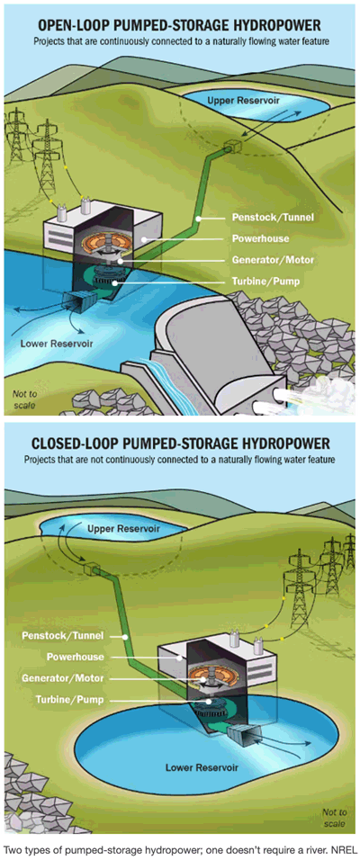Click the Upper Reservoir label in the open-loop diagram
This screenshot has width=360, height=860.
[x=236, y=101]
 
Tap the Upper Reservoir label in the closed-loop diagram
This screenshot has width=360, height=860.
[x=123, y=529]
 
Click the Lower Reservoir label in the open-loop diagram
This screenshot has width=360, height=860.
[x=57, y=344]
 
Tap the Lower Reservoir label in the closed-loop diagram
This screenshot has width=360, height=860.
[x=202, y=766]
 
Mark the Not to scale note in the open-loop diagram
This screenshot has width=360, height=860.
[x=23, y=399]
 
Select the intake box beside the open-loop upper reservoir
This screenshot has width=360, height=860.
[x=234, y=147]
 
